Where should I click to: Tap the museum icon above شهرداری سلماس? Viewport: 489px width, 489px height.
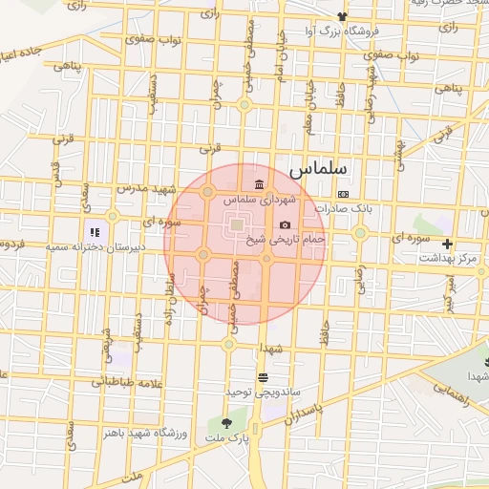(259, 184)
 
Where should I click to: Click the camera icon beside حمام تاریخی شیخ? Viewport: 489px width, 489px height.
(285, 225)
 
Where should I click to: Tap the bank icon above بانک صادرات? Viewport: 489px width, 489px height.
(344, 194)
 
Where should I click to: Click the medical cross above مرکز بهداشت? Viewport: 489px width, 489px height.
(447, 244)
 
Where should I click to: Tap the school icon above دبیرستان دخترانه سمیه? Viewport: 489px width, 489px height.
(95, 231)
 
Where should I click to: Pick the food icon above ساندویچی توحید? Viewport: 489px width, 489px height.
(263, 378)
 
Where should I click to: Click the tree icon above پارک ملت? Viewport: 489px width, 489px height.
(226, 423)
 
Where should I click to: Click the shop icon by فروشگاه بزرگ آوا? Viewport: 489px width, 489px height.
(342, 16)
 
